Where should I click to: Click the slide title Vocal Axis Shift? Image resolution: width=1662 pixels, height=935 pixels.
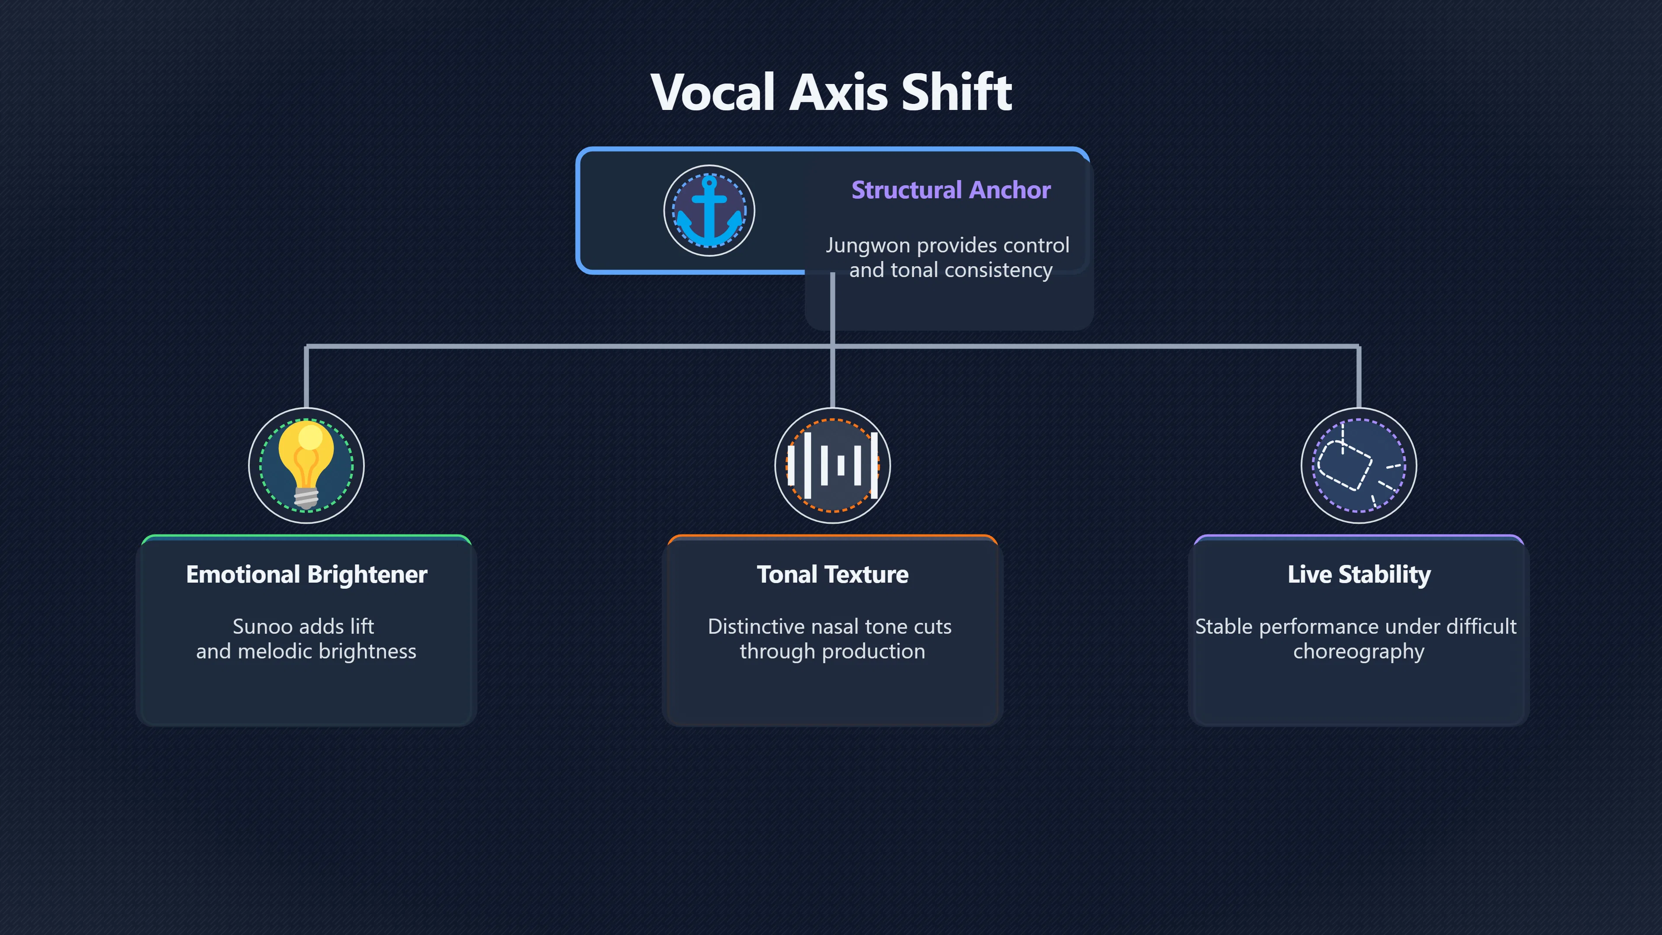(831, 92)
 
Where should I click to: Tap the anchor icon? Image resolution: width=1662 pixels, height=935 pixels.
(709, 211)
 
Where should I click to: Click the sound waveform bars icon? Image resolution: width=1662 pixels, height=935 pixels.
(832, 465)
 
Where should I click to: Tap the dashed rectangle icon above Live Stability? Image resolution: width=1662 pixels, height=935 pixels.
(1359, 465)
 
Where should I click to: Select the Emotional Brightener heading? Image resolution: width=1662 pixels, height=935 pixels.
(306, 574)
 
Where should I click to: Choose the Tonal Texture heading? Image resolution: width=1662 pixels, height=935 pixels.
(832, 574)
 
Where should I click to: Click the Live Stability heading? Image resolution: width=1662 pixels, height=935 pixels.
(1359, 574)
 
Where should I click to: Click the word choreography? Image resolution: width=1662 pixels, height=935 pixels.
(1358, 652)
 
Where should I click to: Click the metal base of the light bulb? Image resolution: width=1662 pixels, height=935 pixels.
(306, 498)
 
